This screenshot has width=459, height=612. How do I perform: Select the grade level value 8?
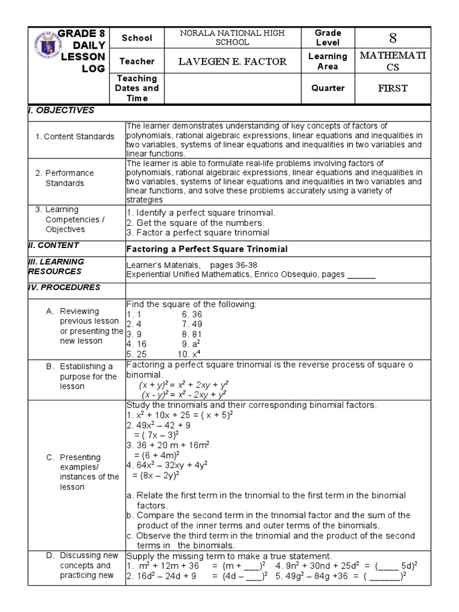tap(393, 38)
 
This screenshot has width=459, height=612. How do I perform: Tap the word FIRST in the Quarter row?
tap(393, 88)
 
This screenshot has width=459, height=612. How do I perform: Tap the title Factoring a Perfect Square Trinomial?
tap(207, 249)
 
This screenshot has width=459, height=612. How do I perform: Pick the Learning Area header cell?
tap(328, 61)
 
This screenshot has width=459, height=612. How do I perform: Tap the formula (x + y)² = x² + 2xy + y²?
tap(184, 385)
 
